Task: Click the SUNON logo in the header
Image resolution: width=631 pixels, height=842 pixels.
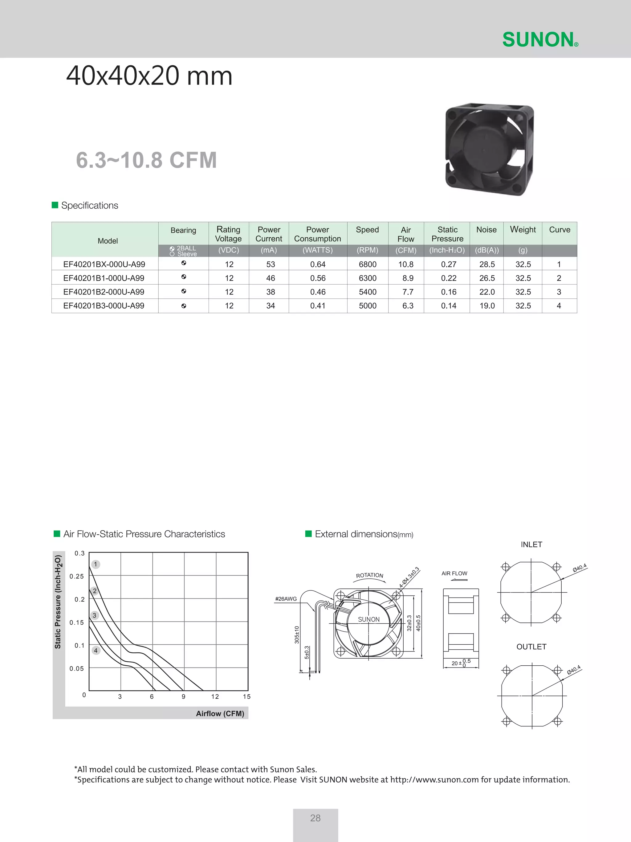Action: [x=540, y=39]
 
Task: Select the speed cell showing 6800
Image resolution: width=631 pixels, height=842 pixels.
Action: [x=368, y=264]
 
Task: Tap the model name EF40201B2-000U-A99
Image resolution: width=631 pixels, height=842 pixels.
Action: [x=104, y=292]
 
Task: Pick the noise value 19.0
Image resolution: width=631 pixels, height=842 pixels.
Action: [x=487, y=306]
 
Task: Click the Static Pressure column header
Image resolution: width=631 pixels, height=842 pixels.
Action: [x=447, y=234]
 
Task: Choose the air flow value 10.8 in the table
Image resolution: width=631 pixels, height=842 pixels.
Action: [x=406, y=264]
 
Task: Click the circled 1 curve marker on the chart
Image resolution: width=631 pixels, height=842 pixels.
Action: [x=96, y=564]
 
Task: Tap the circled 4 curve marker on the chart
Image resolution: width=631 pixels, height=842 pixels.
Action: [x=96, y=651]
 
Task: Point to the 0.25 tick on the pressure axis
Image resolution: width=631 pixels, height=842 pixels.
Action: [x=76, y=576]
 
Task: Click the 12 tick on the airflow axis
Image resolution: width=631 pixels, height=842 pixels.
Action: [x=215, y=696]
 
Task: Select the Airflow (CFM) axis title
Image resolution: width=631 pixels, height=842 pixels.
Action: [x=220, y=713]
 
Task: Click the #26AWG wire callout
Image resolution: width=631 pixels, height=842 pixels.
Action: [x=286, y=599]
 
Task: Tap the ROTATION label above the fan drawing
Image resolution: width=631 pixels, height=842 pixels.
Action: [x=369, y=575]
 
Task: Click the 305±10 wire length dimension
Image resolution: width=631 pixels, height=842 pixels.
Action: [x=297, y=635]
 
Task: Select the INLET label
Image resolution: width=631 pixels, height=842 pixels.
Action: [x=531, y=545]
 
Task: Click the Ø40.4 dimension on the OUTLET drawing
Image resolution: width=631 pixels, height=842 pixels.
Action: [x=574, y=670]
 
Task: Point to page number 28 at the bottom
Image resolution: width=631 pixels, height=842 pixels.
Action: [x=315, y=818]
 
